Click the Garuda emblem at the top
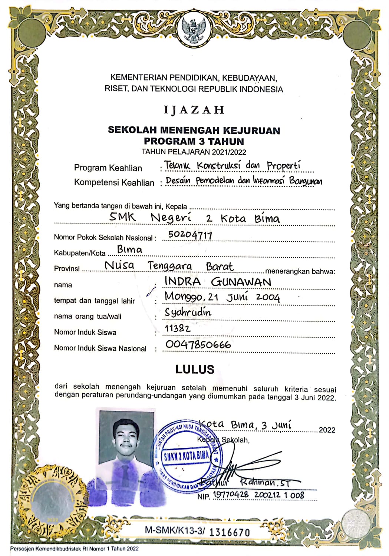(x=194, y=30)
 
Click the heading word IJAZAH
(x=194, y=110)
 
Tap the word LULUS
(x=195, y=369)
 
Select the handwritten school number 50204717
(x=190, y=235)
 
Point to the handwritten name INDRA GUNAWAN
(x=218, y=282)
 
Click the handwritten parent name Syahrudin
(x=188, y=312)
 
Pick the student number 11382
(x=178, y=328)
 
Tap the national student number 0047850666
(x=198, y=345)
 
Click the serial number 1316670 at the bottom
(x=230, y=532)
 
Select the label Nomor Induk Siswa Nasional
(x=100, y=348)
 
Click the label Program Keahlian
(x=108, y=168)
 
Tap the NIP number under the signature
(x=258, y=495)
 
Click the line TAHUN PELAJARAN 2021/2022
(x=194, y=152)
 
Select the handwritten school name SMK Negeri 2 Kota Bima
(x=194, y=218)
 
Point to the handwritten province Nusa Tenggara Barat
(x=169, y=266)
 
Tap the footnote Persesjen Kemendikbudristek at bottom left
(x=74, y=549)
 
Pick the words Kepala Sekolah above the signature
(x=223, y=440)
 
